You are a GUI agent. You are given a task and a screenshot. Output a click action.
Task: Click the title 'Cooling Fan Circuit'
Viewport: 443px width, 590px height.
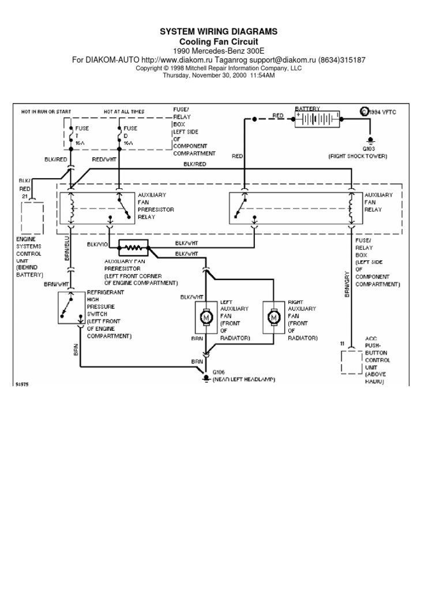coord(219,42)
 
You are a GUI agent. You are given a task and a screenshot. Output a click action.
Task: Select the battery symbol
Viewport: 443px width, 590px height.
coord(317,119)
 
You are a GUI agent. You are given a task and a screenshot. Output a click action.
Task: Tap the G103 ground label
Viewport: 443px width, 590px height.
coord(369,148)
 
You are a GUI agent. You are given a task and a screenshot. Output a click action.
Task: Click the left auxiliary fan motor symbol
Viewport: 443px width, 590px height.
coord(206,317)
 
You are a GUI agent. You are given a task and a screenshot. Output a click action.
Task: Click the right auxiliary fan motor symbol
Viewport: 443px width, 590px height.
coord(273,317)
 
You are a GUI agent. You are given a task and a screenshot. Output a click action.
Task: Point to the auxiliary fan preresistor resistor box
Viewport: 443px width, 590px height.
coord(133,248)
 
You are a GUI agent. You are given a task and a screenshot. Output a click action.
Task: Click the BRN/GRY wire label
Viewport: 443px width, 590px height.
coord(348,285)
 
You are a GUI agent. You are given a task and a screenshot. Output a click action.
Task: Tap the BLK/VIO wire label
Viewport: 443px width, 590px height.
coord(97,244)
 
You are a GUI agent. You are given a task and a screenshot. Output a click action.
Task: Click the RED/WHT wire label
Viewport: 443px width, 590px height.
coord(104,160)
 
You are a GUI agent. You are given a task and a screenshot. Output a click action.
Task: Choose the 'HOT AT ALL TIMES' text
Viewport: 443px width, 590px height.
coord(124,111)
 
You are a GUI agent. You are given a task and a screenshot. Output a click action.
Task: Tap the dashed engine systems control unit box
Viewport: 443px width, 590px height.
coord(32,217)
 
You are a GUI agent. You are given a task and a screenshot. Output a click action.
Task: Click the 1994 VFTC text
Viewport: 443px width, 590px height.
coord(382,111)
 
